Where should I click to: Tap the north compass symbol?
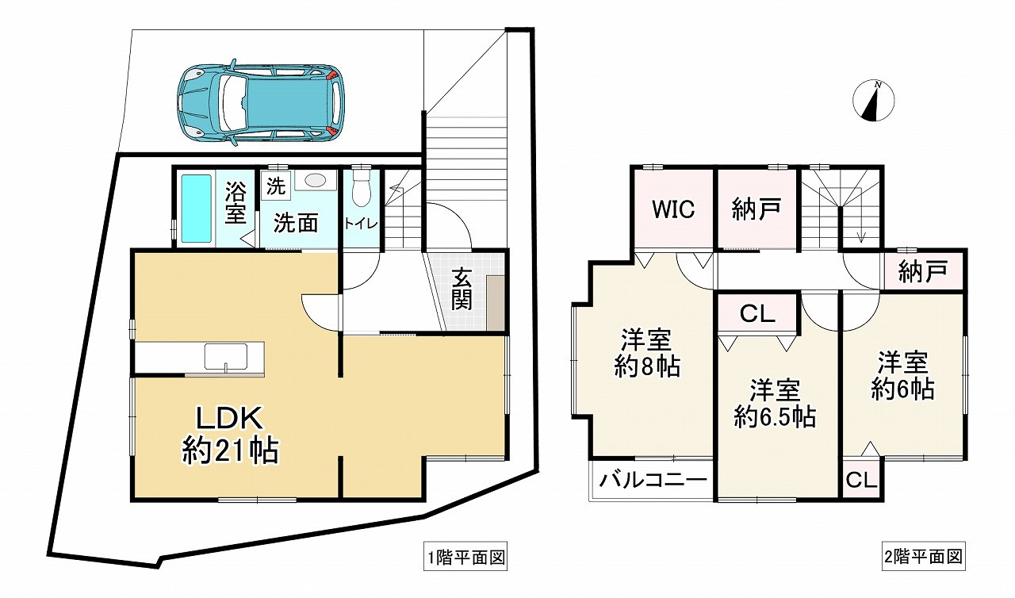[873, 102]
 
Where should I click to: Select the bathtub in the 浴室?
[197, 209]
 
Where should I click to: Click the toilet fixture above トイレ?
[361, 189]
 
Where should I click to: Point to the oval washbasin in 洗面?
[316, 181]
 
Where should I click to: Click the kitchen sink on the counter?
[226, 357]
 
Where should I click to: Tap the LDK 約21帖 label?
[230, 435]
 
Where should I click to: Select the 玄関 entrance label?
[462, 289]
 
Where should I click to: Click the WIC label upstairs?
[673, 209]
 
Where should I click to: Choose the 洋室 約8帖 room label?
[646, 354]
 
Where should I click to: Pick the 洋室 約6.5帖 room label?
[775, 404]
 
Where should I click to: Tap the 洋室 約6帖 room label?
[902, 376]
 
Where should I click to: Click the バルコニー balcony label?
[653, 480]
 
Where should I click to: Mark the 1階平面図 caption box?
[465, 556]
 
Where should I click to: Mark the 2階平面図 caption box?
[923, 556]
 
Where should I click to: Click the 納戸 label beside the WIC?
[756, 209]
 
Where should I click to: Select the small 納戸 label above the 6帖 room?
[922, 271]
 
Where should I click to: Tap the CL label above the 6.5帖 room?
[756, 313]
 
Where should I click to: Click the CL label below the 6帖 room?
[861, 480]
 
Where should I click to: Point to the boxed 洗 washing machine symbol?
[275, 186]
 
